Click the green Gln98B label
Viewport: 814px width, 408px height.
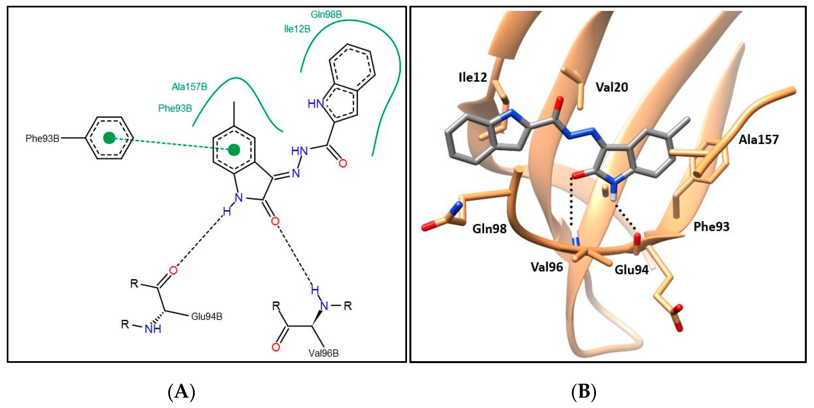(x=326, y=14)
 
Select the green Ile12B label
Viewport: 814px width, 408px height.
(x=297, y=29)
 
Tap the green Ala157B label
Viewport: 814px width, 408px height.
(x=189, y=86)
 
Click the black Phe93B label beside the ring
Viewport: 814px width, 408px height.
(x=42, y=138)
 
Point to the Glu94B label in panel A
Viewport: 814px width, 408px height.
(x=207, y=316)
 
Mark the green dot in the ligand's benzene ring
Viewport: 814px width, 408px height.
(x=234, y=150)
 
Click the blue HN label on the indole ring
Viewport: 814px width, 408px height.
(x=316, y=104)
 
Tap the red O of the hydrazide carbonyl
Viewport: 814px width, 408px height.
(x=343, y=163)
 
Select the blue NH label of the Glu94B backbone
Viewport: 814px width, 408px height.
(x=153, y=329)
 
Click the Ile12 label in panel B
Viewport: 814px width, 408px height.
(x=472, y=77)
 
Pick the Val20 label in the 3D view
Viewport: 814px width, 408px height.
(x=611, y=87)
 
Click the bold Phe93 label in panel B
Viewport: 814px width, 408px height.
(x=711, y=226)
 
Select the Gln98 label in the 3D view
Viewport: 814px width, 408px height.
(x=489, y=228)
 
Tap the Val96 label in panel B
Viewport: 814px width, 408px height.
(x=547, y=267)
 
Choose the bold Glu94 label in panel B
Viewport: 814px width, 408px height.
(x=631, y=270)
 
